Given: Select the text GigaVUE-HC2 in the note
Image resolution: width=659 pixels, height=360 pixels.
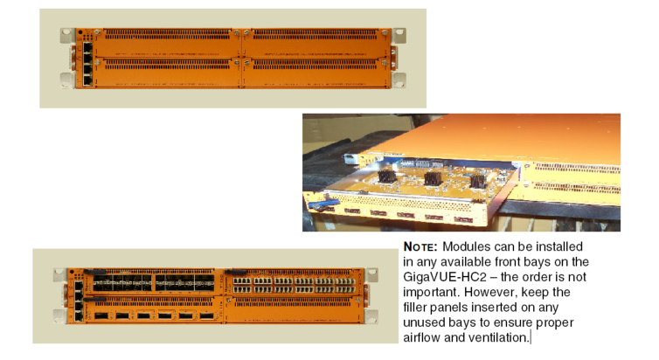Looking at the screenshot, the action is click(445, 277).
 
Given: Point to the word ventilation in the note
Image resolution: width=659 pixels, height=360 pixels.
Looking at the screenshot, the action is click(499, 337).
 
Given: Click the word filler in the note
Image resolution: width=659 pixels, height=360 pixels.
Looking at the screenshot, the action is click(415, 307).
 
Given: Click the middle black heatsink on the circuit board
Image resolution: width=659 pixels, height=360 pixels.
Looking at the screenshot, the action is click(432, 178).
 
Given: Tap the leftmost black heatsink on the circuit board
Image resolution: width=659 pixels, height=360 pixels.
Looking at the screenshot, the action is click(387, 176).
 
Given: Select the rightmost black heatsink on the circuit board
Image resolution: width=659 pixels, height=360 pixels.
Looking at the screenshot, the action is click(478, 181).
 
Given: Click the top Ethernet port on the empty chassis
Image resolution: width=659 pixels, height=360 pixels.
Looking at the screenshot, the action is click(87, 46).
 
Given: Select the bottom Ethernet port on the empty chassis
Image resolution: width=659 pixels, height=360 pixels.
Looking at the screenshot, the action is click(87, 80).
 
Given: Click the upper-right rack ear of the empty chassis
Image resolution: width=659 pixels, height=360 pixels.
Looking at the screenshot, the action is click(399, 35).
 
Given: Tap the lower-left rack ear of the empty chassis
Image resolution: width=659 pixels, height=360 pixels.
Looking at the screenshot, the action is click(67, 80).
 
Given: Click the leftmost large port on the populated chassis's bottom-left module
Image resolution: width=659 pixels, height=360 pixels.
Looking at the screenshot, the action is click(101, 315).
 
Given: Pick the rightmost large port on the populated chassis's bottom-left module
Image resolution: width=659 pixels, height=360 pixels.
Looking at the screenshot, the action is click(207, 315).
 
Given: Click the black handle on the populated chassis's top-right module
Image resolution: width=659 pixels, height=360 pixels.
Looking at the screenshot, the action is click(236, 273).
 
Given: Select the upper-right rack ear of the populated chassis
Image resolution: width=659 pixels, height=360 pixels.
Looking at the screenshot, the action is click(371, 275).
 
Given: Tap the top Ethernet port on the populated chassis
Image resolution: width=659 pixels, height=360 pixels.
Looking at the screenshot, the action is click(79, 286).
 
